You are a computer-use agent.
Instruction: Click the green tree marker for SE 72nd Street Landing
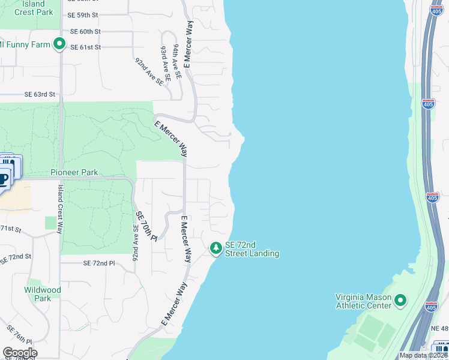(215, 248)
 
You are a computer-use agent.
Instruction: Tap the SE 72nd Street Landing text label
(252, 250)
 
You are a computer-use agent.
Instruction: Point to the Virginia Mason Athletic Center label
(363, 301)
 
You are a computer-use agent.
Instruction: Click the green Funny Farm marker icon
(59, 44)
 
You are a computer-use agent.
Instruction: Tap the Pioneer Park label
(74, 172)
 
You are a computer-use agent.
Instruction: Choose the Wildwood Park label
(43, 294)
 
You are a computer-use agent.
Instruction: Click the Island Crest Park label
(29, 8)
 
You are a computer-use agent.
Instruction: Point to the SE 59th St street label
(83, 14)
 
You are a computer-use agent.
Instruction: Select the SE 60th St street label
(85, 31)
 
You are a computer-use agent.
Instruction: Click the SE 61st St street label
(85, 47)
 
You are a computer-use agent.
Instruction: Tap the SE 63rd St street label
(40, 94)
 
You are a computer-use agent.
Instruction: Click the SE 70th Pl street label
(146, 226)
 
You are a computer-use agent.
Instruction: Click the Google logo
(20, 352)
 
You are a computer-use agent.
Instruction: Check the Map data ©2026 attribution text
(423, 355)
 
